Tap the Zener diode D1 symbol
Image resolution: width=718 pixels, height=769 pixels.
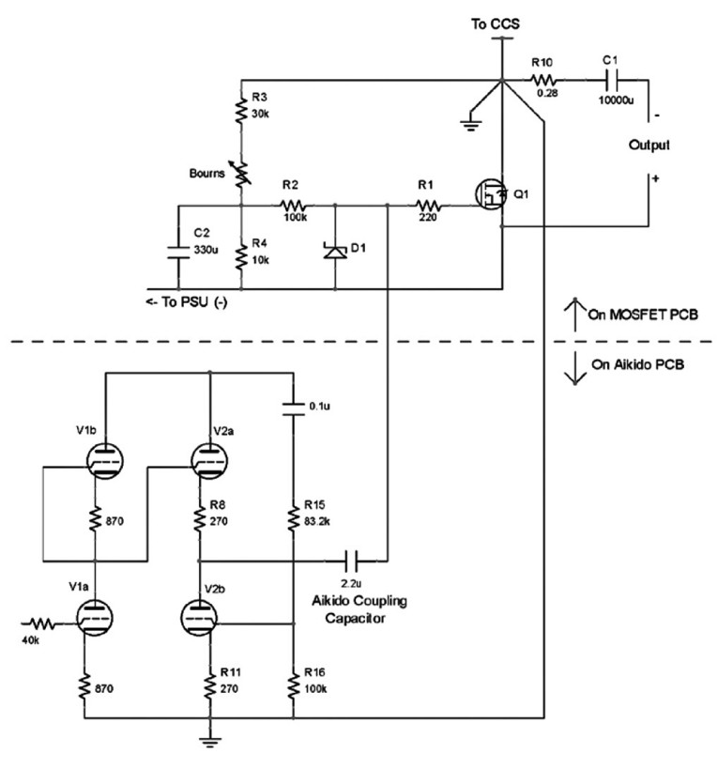pos(336,251)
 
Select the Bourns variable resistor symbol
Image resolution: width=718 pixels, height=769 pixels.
pos(241,174)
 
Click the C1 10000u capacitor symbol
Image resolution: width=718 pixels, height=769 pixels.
pos(612,80)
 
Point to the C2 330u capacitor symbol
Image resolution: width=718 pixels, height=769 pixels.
pos(178,252)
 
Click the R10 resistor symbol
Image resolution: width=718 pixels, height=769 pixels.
pos(542,80)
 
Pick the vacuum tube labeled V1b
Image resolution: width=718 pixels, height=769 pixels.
pos(105,461)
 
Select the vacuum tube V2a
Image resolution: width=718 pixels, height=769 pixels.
pos(209,461)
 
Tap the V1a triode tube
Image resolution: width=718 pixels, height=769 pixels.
pos(95,618)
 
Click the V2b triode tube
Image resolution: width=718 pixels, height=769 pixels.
pos(200,618)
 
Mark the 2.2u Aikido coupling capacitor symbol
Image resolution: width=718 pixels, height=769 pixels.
pos(351,561)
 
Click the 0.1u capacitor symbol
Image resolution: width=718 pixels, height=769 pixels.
pos(294,409)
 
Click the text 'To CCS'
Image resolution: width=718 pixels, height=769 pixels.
pos(495,23)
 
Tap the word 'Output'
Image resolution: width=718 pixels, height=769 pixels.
pos(649,146)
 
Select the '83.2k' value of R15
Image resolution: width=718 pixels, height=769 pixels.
pos(317,521)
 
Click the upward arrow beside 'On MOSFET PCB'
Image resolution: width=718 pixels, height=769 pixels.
pos(575,315)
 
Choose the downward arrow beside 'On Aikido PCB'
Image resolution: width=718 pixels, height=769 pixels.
pos(575,367)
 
